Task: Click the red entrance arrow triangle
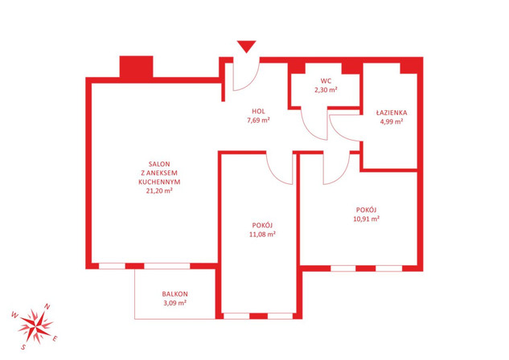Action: coord(246,46)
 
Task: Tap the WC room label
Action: coord(326,80)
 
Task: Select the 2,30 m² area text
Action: coord(326,90)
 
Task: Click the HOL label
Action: coord(258,111)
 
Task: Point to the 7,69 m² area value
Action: coord(258,121)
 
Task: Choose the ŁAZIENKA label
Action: coord(392,112)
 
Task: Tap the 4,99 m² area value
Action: coord(392,121)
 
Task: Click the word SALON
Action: coord(159,164)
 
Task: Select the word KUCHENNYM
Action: coord(159,182)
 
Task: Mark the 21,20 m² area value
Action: coord(159,190)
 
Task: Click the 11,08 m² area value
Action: coord(262,234)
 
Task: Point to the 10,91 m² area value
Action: coord(366,219)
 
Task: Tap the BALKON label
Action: coord(174,294)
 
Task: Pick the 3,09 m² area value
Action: coord(174,303)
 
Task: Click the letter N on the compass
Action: coord(47,306)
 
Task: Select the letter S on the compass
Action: coord(23,347)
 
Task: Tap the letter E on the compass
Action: coord(55,339)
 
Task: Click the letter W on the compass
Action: coord(15,314)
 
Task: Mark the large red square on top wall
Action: coord(137,67)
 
